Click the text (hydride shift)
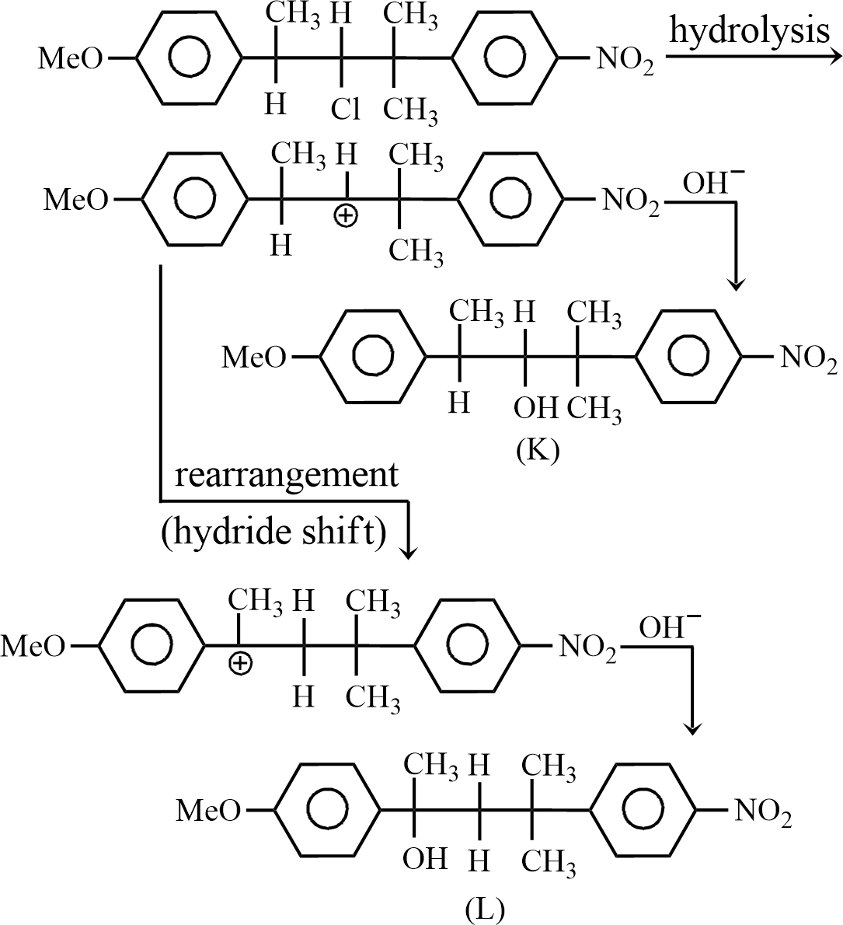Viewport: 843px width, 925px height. [274, 534]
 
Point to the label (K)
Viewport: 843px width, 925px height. [537, 450]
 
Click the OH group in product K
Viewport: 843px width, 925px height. [536, 405]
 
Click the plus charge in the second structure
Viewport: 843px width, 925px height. [345, 216]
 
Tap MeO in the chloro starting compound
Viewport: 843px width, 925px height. [70, 60]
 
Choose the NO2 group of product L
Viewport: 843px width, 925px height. [763, 812]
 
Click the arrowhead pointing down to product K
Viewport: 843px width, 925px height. [737, 283]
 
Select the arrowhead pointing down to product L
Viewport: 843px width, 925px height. [693, 728]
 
